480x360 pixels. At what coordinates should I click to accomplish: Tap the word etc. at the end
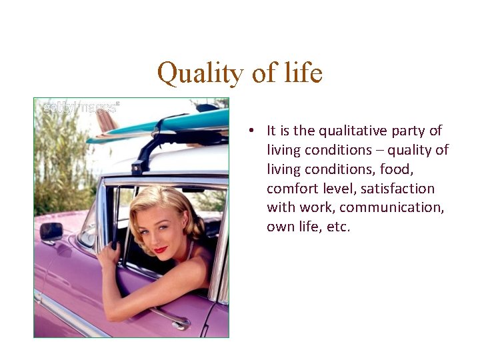click(335, 227)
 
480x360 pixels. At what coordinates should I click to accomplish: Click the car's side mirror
click(51, 232)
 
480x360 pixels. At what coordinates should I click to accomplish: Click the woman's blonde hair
click(163, 203)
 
